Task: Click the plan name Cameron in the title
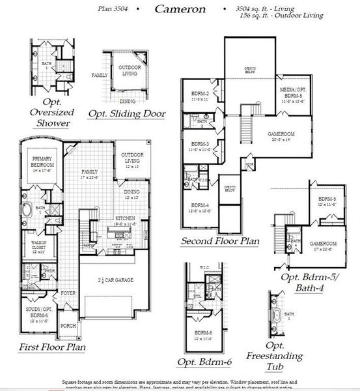click(179, 10)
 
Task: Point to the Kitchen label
click(124, 219)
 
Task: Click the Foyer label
click(68, 293)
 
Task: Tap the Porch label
click(69, 326)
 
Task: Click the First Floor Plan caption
click(51, 347)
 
